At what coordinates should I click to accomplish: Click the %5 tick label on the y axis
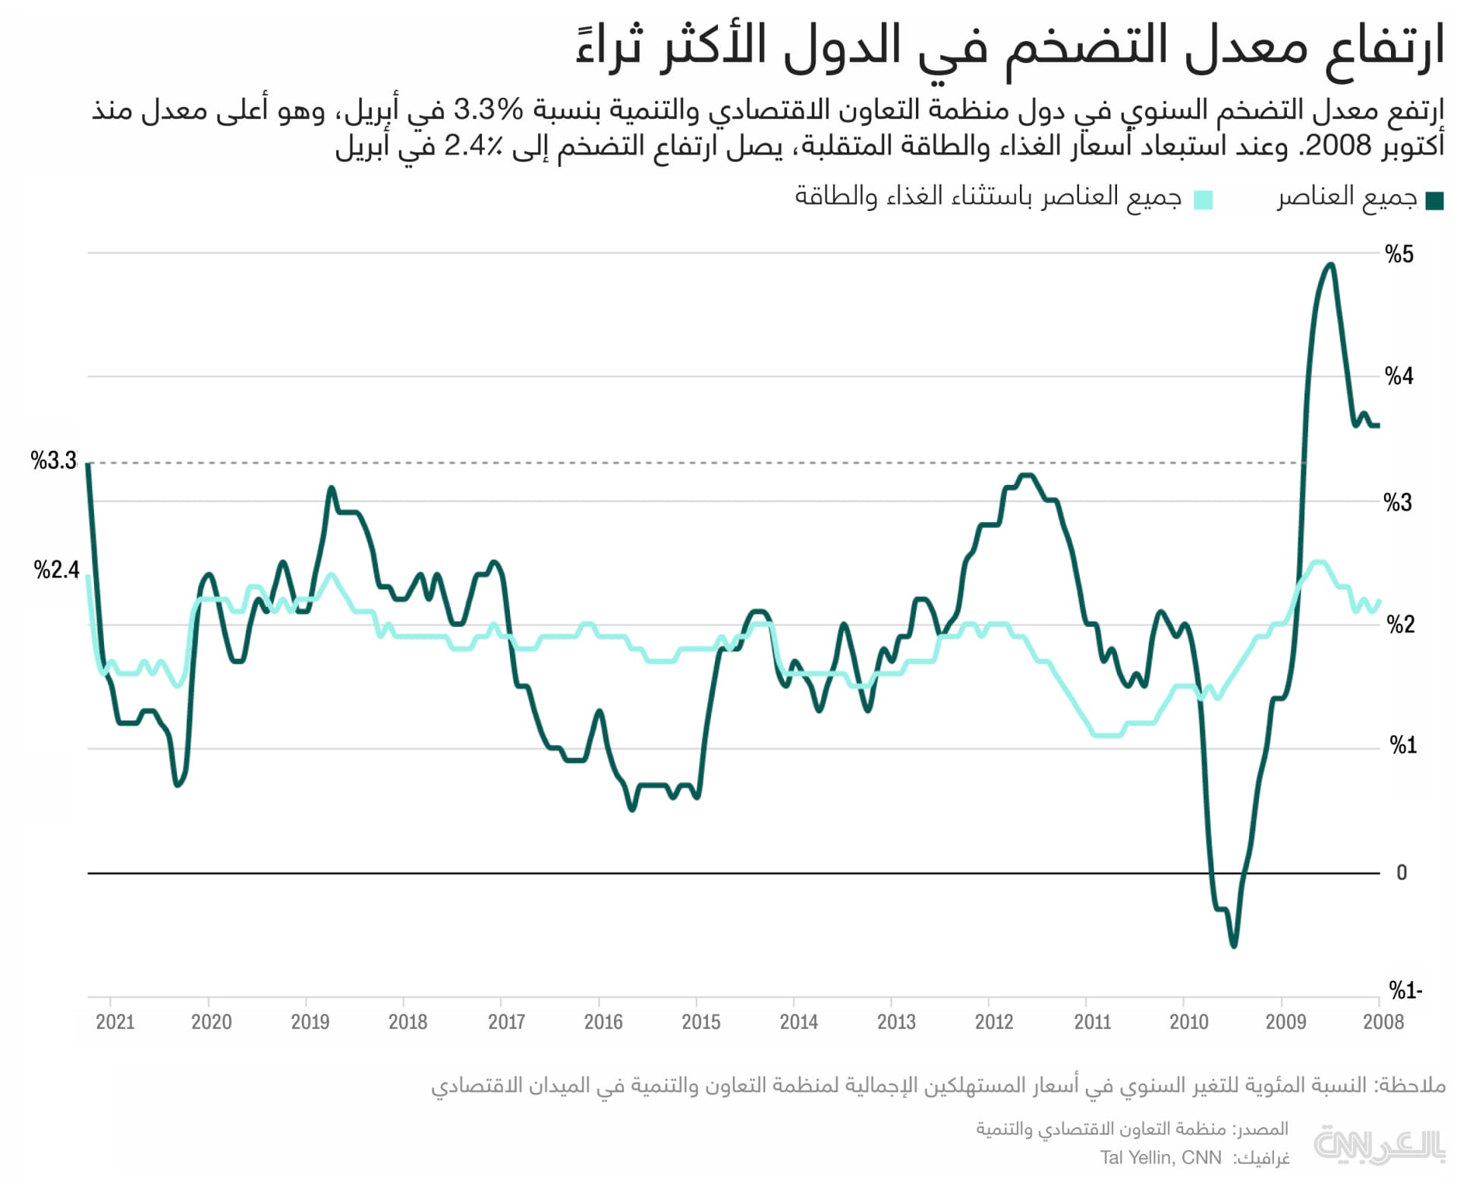tap(1399, 254)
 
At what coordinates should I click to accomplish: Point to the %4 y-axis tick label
tap(1399, 376)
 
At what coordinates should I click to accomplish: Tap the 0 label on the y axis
tap(1402, 872)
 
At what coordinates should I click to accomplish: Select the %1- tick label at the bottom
tap(1405, 990)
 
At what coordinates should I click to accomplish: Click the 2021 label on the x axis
tap(115, 1022)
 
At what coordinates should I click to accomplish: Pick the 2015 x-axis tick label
tap(700, 1022)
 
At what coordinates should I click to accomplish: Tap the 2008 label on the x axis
tap(1383, 1022)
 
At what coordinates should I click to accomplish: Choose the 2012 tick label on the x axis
tap(993, 1022)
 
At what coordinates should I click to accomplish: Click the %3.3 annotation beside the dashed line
tap(53, 461)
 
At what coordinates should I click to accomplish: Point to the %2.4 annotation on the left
tap(56, 570)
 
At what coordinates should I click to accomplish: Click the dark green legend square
tap(1434, 201)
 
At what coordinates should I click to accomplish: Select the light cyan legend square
tap(1203, 200)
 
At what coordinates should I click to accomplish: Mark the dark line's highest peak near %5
tap(1330, 265)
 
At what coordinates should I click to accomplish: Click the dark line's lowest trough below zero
tap(1233, 945)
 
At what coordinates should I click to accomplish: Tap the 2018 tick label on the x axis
tap(408, 1022)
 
